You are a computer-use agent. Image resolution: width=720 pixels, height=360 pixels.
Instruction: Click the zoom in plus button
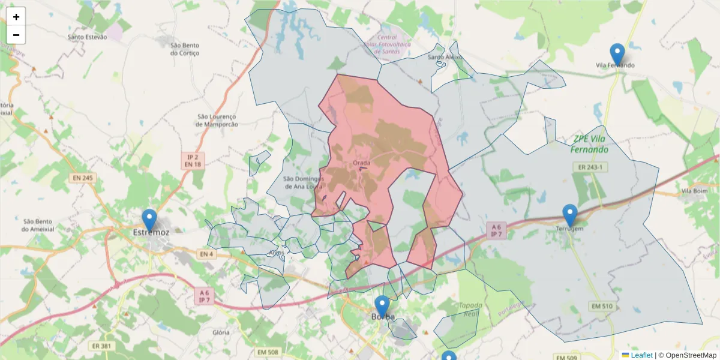(x=16, y=17)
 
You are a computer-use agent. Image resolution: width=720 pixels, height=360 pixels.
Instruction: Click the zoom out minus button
(x=16, y=35)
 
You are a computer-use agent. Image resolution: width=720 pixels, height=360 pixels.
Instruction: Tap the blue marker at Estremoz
(x=149, y=220)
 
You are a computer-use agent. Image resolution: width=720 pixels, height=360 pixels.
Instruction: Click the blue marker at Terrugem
(x=569, y=215)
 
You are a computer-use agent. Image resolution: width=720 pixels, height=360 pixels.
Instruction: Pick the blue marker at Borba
(x=382, y=307)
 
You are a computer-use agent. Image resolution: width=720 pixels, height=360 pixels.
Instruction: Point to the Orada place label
(x=362, y=163)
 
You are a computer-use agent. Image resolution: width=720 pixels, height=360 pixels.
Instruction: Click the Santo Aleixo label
(x=445, y=57)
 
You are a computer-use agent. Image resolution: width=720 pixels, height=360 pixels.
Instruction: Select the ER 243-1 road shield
(x=590, y=166)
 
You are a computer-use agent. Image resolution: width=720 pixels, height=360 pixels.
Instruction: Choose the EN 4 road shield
(x=206, y=254)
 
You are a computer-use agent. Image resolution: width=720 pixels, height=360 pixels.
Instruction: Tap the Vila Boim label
(x=695, y=191)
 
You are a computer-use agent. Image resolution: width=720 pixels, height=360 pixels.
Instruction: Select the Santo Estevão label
(x=88, y=37)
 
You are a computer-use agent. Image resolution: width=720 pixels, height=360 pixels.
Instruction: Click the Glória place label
(x=221, y=332)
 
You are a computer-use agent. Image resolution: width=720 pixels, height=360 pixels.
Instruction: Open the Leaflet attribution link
(x=641, y=355)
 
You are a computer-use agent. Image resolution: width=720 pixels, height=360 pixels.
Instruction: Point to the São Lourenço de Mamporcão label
(x=217, y=120)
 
